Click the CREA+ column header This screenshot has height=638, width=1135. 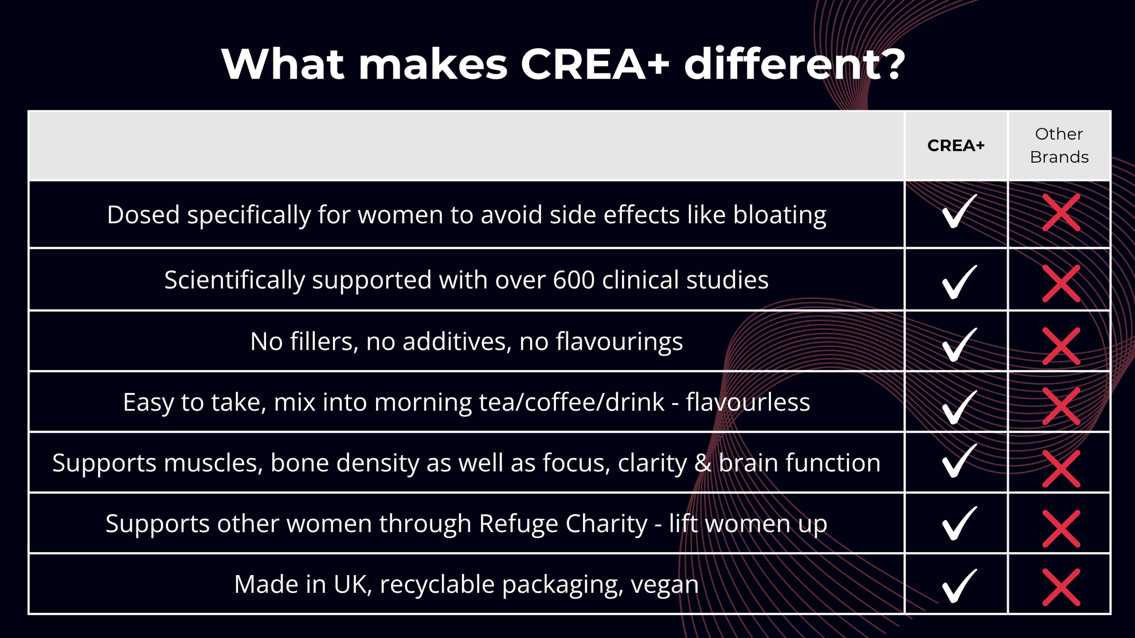tap(956, 145)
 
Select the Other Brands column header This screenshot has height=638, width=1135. tap(1059, 145)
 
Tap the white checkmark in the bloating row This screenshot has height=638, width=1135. tap(959, 211)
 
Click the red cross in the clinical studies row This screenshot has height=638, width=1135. tap(1061, 283)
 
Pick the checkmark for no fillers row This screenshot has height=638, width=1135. tap(959, 345)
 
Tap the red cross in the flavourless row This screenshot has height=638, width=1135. tap(1061, 406)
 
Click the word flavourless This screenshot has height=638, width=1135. tap(748, 402)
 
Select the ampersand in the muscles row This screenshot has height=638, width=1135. tap(702, 463)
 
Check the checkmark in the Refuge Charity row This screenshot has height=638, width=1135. tap(959, 523)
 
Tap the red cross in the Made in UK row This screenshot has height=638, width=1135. tap(1061, 587)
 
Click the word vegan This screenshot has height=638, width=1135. tap(665, 586)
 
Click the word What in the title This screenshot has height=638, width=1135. tap(283, 64)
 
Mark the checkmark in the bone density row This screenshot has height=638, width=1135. tap(959, 460)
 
